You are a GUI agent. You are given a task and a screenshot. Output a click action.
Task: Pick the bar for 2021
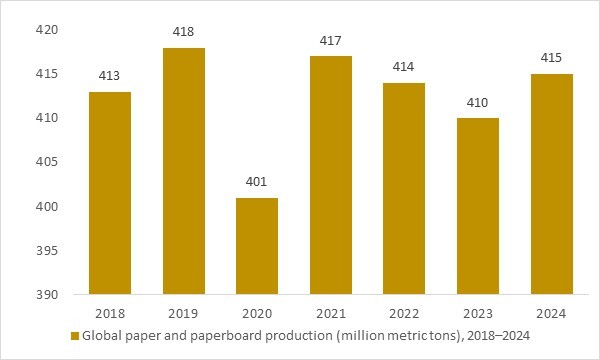click(331, 175)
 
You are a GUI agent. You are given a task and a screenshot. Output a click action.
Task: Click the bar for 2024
click(552, 184)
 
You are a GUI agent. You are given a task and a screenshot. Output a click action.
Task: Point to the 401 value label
click(257, 183)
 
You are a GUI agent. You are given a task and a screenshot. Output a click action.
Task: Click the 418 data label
click(183, 33)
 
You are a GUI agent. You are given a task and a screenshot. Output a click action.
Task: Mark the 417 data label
click(331, 41)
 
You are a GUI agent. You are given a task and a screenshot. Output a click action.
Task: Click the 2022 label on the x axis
click(405, 313)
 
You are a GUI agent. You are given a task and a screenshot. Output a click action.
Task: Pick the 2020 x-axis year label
click(257, 313)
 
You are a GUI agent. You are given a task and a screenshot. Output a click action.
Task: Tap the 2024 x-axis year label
click(552, 313)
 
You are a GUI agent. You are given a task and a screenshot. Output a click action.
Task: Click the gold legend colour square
click(74, 336)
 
